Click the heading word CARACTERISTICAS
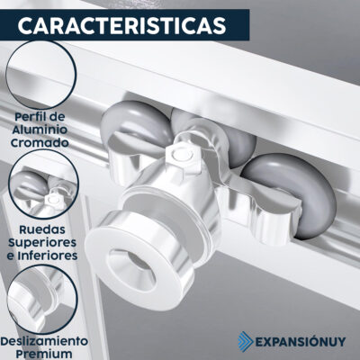121,25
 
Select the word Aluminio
39,130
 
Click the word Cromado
40,143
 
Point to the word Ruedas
42,229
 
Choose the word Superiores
42,243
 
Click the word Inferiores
48,256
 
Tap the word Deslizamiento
44,341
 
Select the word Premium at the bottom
44,354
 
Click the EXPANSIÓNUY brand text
300,341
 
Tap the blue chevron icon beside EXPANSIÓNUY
246,341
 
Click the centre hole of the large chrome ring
132,268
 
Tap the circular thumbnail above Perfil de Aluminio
41,75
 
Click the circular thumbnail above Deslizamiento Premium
42,300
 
